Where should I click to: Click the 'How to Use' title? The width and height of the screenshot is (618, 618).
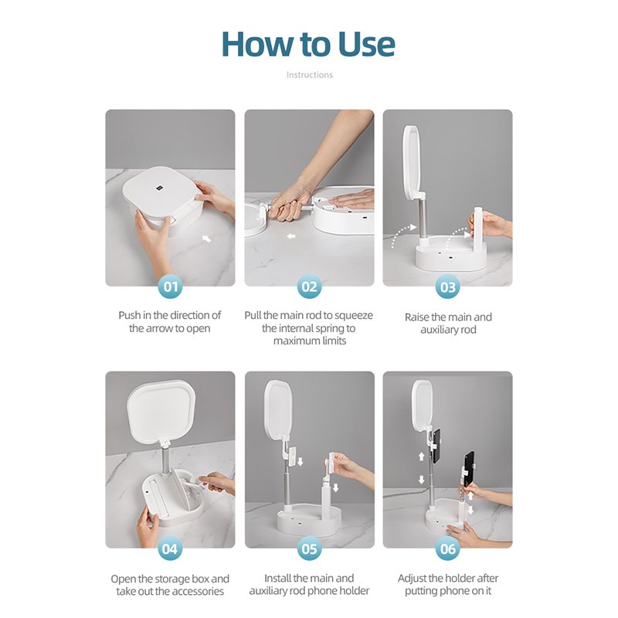(x=308, y=44)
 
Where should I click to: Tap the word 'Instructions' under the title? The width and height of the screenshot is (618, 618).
(x=310, y=75)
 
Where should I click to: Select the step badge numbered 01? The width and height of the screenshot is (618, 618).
(x=170, y=287)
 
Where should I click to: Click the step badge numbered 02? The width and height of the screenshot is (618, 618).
(x=310, y=287)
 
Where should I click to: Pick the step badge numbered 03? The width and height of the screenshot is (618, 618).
(x=448, y=287)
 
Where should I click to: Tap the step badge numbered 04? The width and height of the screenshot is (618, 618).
(x=170, y=548)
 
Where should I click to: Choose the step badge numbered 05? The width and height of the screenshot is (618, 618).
(x=310, y=548)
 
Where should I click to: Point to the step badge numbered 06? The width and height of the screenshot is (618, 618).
(x=448, y=548)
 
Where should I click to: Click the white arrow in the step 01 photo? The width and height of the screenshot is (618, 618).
(x=206, y=239)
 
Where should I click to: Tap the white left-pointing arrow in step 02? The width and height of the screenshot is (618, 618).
(x=291, y=236)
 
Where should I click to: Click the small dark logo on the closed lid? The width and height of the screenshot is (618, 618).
(x=160, y=188)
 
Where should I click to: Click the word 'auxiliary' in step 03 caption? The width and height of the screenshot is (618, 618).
(x=439, y=330)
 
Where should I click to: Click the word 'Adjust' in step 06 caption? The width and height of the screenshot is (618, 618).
(x=412, y=579)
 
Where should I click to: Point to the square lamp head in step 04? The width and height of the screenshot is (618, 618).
(x=161, y=410)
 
